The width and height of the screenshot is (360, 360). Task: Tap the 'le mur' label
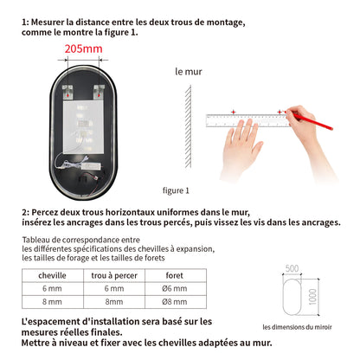pos(188,72)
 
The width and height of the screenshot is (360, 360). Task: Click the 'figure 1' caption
pos(175,190)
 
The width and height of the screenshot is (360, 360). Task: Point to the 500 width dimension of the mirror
pos(292,268)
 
